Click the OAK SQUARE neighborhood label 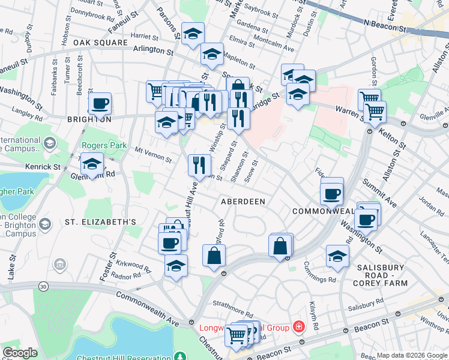coord(100,43)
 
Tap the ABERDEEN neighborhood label coord(243,202)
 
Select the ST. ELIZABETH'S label coord(100,222)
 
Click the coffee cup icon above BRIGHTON coord(100,103)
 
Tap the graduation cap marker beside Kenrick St coord(92,164)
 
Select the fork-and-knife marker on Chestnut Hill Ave coord(199,164)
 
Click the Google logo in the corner coord(20,353)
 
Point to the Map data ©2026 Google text coord(412,355)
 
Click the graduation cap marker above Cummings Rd coord(338,256)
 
